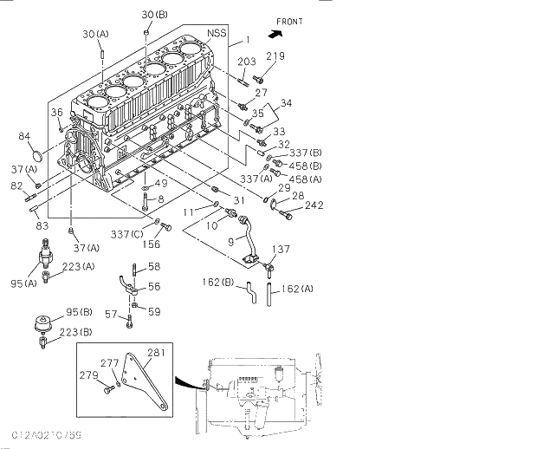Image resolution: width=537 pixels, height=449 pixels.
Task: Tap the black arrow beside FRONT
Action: (x=276, y=35)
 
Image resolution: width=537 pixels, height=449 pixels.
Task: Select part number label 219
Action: (x=275, y=56)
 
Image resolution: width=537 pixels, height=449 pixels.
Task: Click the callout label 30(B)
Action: (x=155, y=15)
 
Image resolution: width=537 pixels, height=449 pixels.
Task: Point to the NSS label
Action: (x=217, y=33)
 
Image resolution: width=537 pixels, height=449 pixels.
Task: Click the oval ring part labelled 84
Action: (x=36, y=155)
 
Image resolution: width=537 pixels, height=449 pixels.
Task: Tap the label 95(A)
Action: (x=24, y=283)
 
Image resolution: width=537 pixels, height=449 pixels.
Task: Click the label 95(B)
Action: (x=79, y=311)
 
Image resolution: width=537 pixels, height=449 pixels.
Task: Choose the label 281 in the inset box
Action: (x=156, y=352)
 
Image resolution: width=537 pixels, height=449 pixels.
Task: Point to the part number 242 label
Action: (x=313, y=205)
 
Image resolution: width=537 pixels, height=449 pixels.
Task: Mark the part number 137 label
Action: (x=281, y=250)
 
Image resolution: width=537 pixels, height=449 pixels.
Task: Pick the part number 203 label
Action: (x=247, y=61)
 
